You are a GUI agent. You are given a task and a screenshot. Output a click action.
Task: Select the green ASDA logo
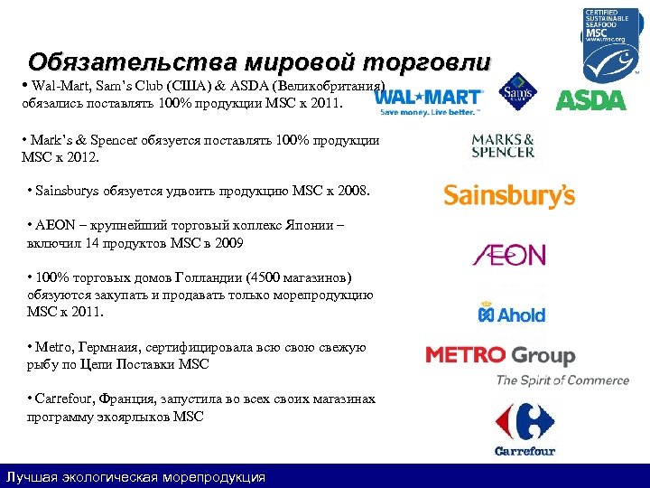click(590, 99)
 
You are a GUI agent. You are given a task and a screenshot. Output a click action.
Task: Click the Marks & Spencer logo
click(503, 145)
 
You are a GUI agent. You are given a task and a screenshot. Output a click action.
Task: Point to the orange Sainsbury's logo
click(509, 195)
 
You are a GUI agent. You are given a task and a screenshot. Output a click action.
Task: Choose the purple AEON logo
click(509, 254)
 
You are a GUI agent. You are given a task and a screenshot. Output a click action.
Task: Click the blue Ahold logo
click(511, 313)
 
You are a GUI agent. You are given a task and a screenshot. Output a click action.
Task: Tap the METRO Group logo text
click(500, 355)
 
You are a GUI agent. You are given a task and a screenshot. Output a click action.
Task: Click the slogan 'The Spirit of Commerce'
click(562, 380)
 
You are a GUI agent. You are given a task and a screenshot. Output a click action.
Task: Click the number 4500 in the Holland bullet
click(265, 277)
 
